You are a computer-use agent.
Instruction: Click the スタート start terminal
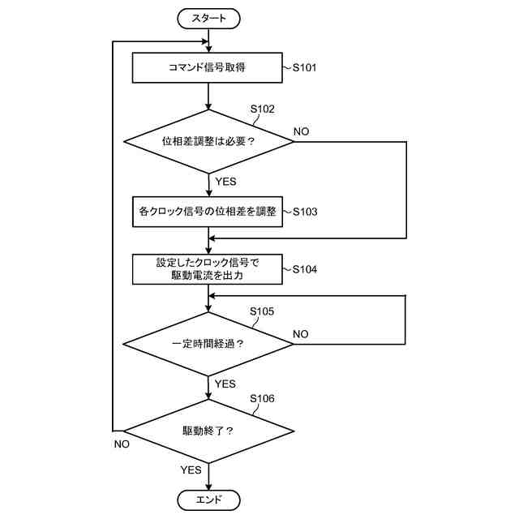coord(208,19)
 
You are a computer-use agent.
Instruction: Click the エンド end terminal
coord(208,500)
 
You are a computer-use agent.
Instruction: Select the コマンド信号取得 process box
coord(208,67)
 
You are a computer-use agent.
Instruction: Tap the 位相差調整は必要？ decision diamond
coord(208,142)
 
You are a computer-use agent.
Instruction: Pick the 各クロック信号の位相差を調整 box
coord(208,212)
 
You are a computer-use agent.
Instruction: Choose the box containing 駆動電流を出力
coord(208,269)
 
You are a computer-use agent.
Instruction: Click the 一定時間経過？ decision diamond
coord(208,344)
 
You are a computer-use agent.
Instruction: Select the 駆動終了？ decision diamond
coord(208,431)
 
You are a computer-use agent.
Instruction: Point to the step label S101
coord(305,68)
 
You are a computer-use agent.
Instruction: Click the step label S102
coord(263,109)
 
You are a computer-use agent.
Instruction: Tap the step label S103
coord(305,212)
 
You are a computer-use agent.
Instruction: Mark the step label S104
coord(305,269)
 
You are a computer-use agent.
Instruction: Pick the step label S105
coord(262,311)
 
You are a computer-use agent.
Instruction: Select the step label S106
coord(262,398)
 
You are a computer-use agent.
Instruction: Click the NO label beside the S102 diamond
coord(301,131)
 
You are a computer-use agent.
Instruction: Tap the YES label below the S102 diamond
coord(225,182)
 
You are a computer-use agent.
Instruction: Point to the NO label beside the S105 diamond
coord(301,334)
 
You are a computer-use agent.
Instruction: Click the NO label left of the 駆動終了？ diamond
coord(122,444)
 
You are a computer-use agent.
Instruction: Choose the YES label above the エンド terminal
coord(191,470)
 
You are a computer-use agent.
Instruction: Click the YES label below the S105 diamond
coord(225,384)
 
